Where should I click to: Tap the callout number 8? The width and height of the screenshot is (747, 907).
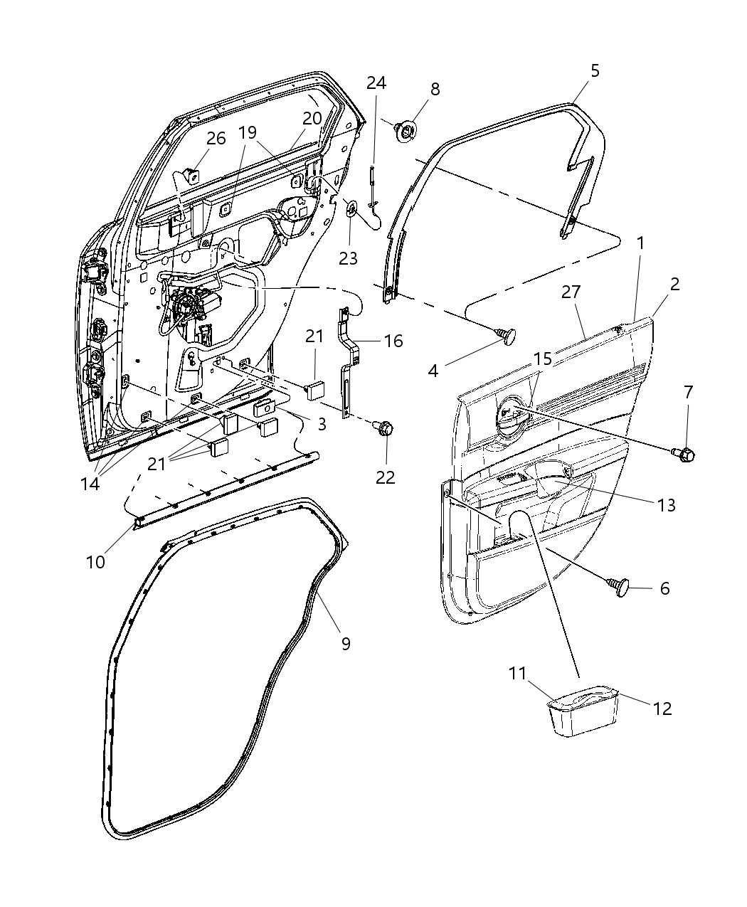coord(435,90)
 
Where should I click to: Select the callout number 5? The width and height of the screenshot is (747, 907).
coord(595,70)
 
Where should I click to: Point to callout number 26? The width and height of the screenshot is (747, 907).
coord(216,138)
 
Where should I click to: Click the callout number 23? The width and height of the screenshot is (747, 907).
coord(348,258)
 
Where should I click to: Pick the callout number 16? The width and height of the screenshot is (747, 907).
coord(393,341)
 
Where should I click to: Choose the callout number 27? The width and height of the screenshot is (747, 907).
coord(571,292)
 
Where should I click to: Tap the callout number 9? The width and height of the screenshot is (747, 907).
coord(346,643)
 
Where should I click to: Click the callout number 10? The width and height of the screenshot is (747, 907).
coord(95,561)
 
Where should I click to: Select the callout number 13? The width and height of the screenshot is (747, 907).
coord(667,505)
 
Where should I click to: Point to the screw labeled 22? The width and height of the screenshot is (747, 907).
coord(384,429)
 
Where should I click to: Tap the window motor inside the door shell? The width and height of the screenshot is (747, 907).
coord(189,307)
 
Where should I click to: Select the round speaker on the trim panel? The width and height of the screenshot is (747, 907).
coord(511,415)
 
